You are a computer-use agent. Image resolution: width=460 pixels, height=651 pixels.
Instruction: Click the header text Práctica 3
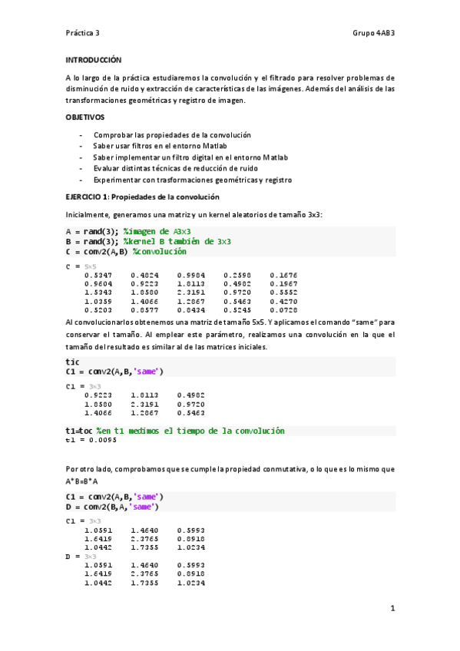(82, 33)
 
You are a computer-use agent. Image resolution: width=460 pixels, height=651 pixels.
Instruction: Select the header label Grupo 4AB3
(373, 33)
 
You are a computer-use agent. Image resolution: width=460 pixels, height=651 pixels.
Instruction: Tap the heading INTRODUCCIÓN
(94, 59)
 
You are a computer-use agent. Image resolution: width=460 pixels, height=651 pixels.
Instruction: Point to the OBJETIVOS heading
(84, 117)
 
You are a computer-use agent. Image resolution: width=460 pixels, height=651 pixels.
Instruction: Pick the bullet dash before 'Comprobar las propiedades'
(81, 135)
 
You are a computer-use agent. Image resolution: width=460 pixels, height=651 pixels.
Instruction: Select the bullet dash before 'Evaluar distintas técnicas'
(81, 167)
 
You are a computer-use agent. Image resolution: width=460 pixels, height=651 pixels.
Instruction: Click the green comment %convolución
(159, 251)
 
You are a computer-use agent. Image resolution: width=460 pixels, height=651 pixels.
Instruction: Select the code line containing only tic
(73, 361)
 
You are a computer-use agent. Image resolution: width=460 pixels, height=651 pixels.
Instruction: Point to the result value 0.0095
(103, 440)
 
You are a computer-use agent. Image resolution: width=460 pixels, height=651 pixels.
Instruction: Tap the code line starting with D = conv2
(112, 507)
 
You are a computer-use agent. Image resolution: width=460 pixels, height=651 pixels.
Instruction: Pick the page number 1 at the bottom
(392, 609)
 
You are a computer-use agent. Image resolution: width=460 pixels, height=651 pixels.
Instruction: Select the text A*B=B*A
(83, 481)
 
